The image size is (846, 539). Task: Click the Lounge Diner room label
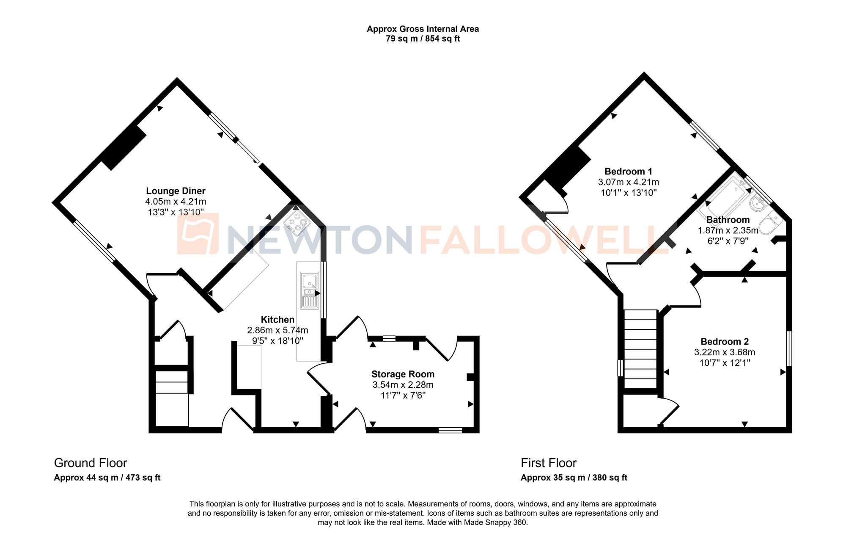point(176,191)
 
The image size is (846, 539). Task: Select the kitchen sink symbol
point(310,290)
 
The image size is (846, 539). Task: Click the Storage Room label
point(403,374)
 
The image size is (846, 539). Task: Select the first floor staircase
point(640,349)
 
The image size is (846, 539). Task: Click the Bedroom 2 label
point(725,342)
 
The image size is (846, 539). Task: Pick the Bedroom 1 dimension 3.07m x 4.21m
point(628,182)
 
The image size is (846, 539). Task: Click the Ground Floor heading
point(91,463)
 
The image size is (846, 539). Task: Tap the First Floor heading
point(548,463)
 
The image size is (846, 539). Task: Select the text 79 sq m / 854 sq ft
point(423,39)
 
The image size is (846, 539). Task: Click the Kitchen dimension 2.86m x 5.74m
point(277,330)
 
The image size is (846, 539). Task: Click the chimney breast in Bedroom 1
point(568,167)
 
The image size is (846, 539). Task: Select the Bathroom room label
point(728,220)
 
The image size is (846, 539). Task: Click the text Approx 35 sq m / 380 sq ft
point(574,478)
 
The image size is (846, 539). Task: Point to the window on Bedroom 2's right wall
point(789,348)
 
